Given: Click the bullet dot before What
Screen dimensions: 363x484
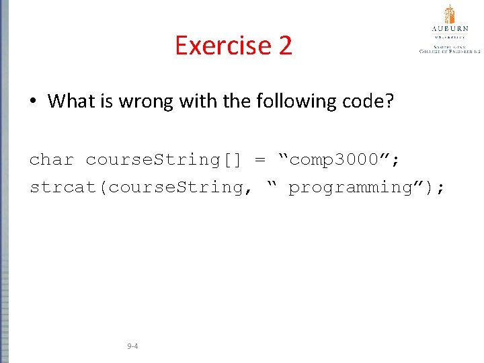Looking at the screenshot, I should (33, 102).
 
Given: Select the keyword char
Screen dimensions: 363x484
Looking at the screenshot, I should (52, 160).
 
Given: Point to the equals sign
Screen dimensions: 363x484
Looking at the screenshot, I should (260, 160).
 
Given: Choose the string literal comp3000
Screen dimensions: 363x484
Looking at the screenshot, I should (334, 160).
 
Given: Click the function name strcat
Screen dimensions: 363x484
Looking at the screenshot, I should (65, 188).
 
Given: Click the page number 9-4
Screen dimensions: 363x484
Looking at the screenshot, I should (132, 347).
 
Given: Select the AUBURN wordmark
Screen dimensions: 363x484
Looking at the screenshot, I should (449, 28).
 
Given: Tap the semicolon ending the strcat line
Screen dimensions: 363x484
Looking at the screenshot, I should (440, 188).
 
